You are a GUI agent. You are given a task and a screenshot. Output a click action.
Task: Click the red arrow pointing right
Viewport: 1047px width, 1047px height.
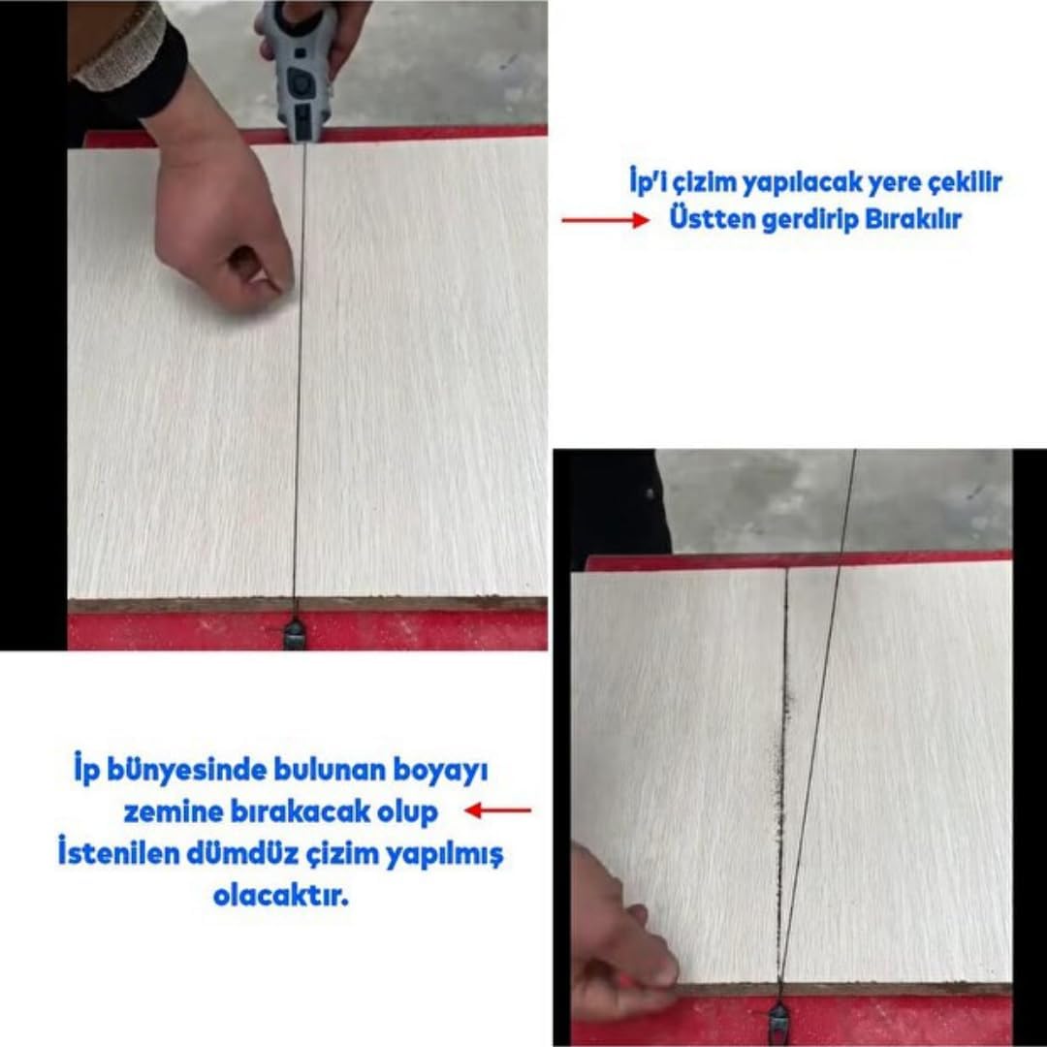click(x=605, y=220)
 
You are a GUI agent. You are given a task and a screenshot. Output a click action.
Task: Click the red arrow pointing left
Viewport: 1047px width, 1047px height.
click(x=498, y=810)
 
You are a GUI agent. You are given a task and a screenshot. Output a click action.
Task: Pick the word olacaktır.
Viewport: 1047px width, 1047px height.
click(x=280, y=896)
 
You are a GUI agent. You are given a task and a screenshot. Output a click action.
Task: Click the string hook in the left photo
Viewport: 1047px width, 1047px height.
click(x=295, y=632)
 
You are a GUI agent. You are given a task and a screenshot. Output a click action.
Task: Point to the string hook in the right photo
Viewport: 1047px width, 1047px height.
click(x=778, y=1022)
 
